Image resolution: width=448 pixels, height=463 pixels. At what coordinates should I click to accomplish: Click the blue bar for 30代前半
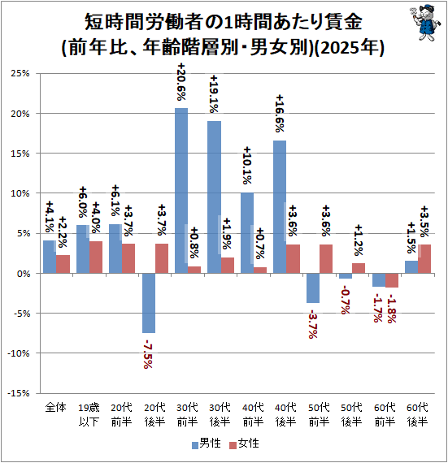point(181,190)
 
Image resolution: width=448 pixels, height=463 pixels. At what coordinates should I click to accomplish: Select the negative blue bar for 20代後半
point(149,303)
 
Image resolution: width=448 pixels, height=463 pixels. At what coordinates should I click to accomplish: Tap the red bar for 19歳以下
point(96,257)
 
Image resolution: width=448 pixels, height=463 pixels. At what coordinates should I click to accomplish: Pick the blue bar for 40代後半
point(280,206)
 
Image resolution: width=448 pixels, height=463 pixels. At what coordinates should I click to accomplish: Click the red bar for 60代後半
point(424,259)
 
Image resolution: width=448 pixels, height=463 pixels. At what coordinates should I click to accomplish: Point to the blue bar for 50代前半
point(313,288)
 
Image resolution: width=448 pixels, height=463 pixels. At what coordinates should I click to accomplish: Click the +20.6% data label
point(181,82)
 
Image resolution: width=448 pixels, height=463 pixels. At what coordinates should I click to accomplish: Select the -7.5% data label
point(147,353)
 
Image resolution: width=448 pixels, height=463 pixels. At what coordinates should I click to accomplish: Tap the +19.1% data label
point(214,94)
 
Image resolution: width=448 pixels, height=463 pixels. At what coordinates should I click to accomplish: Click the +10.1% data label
point(246,166)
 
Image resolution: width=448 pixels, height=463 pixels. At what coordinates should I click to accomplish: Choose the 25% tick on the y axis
point(20,73)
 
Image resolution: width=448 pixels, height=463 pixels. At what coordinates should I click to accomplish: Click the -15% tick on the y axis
point(19,393)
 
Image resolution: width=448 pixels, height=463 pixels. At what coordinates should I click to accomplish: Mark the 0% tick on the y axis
point(24,274)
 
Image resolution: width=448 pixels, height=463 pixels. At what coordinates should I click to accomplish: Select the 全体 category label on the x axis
point(55,408)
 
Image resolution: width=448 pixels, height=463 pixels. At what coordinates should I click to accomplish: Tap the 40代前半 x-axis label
point(253,414)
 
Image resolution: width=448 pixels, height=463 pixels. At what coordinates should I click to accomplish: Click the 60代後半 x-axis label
point(418,414)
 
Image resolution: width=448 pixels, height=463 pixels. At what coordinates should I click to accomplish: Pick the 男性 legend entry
point(207,444)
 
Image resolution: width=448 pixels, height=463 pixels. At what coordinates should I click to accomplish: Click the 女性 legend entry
point(244,444)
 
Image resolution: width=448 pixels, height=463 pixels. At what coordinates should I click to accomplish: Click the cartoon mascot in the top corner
point(424,22)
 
